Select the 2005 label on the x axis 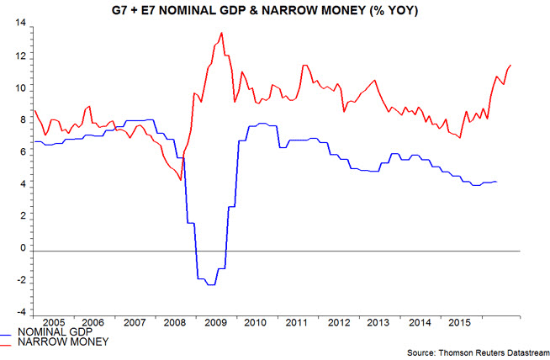pos(53,322)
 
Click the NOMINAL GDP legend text pos(53,331)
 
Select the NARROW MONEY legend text pos(56,341)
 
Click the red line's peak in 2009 pos(221,33)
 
